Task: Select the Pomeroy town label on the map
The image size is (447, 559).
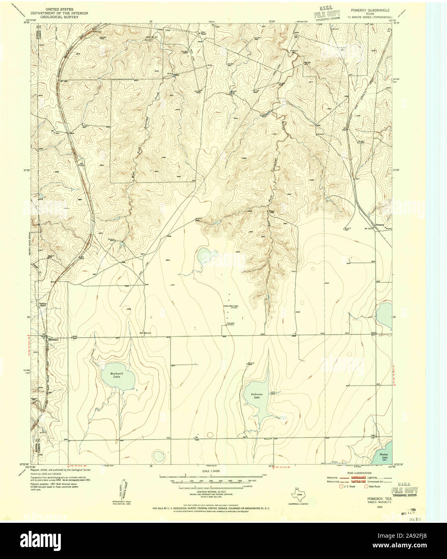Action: (380, 224)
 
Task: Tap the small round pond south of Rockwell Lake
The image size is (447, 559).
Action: (158, 456)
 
